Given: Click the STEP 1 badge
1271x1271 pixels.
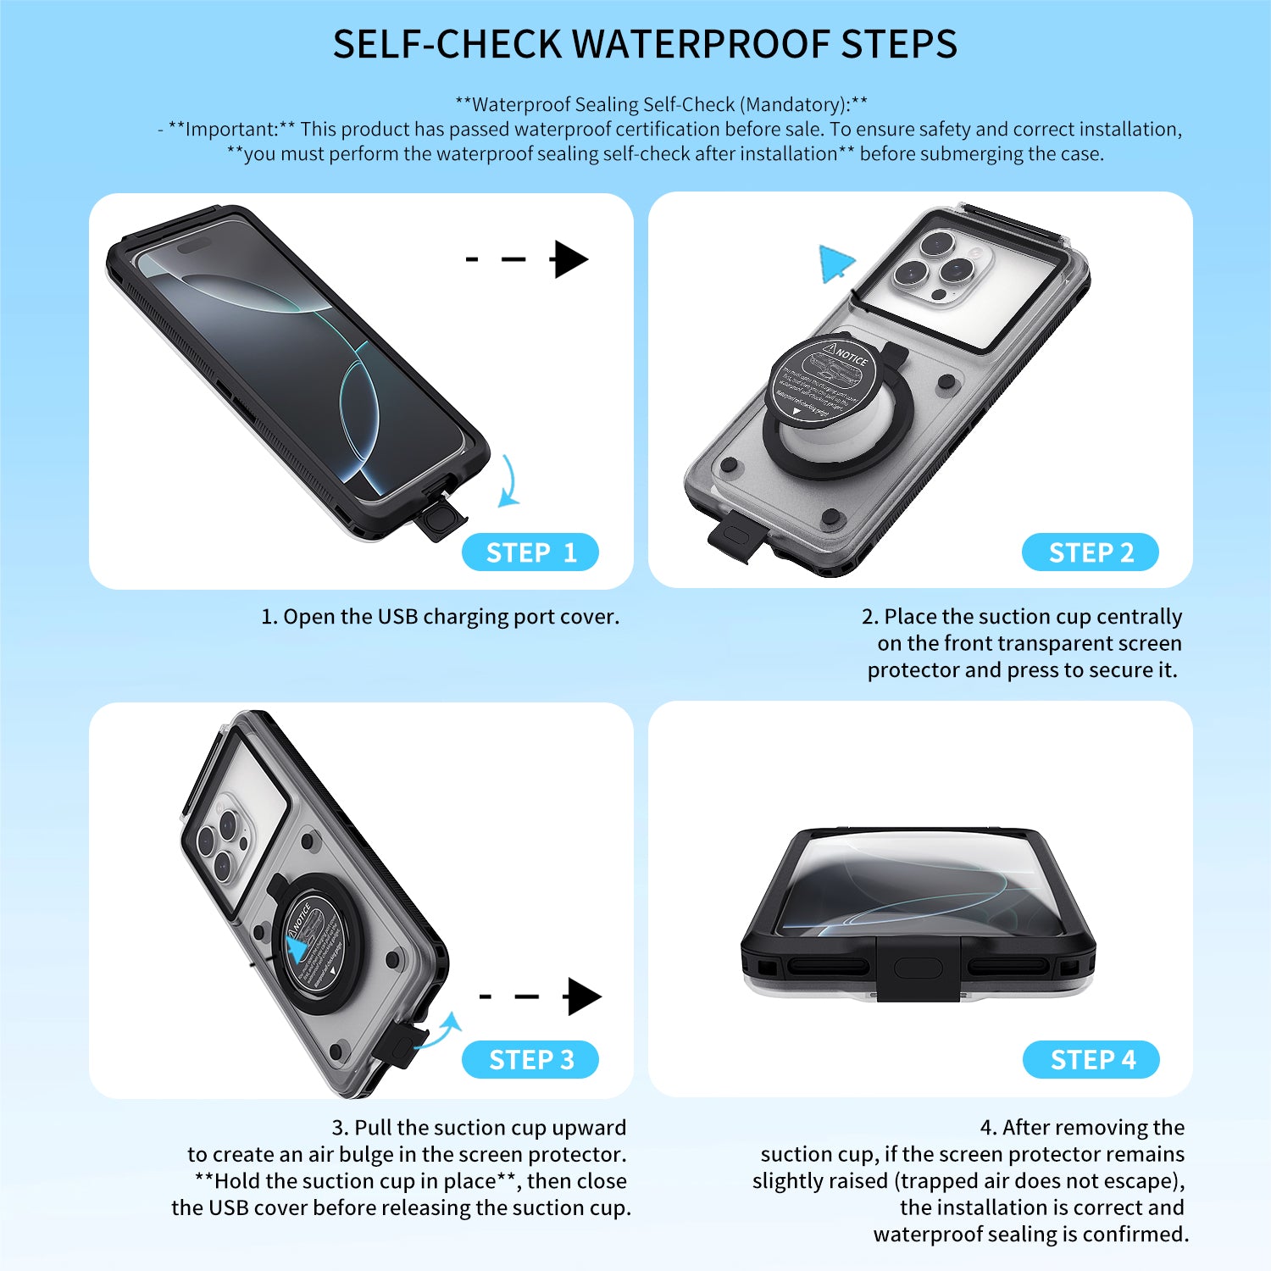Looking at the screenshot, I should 530,552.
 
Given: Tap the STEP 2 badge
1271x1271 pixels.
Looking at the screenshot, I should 1091,552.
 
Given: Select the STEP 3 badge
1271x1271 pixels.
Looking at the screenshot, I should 530,1059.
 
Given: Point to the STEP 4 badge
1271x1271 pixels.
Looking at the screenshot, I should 1091,1059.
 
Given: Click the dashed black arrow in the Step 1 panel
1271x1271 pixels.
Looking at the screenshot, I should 527,259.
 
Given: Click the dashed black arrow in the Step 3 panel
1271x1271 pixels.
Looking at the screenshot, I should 541,996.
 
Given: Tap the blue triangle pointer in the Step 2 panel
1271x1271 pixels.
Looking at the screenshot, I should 835,264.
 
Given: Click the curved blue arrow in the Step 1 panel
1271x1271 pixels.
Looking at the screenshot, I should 508,481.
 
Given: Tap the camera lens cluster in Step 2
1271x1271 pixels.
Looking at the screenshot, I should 941,265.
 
